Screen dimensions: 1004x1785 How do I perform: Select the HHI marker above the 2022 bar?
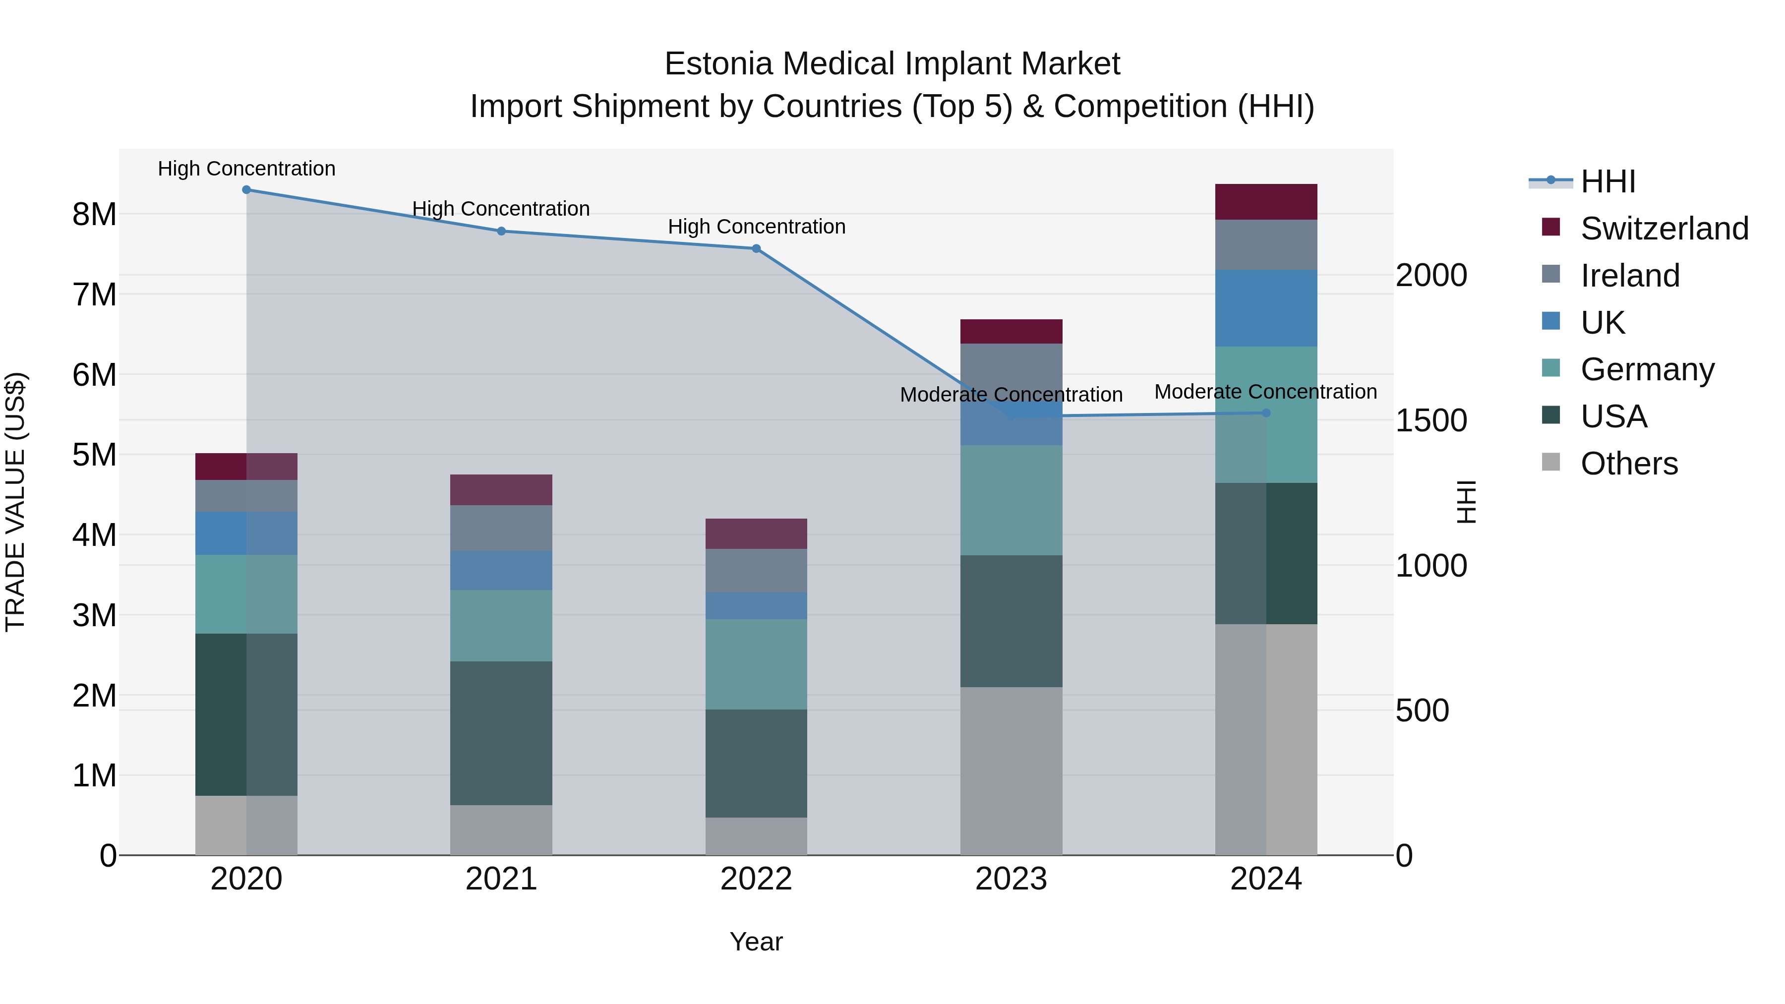(756, 249)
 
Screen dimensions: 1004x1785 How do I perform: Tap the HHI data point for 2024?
(1266, 413)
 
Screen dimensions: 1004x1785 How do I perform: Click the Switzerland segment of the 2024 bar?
(1266, 202)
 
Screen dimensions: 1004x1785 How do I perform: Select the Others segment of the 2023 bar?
(1011, 770)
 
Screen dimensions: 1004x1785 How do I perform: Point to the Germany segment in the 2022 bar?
(756, 664)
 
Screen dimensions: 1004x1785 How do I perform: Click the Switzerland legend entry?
(1663, 229)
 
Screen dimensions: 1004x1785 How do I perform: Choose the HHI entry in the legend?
(1607, 181)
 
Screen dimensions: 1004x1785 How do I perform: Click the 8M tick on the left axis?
(94, 214)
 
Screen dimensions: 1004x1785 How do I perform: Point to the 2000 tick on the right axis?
(1431, 275)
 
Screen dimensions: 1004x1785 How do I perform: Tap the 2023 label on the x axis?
(1011, 879)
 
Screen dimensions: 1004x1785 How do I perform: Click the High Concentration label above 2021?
(501, 209)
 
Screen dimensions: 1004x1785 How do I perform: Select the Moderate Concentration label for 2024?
(1265, 392)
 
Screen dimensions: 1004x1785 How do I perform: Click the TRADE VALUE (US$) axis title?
(15, 502)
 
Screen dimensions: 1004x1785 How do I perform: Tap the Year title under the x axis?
(756, 942)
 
